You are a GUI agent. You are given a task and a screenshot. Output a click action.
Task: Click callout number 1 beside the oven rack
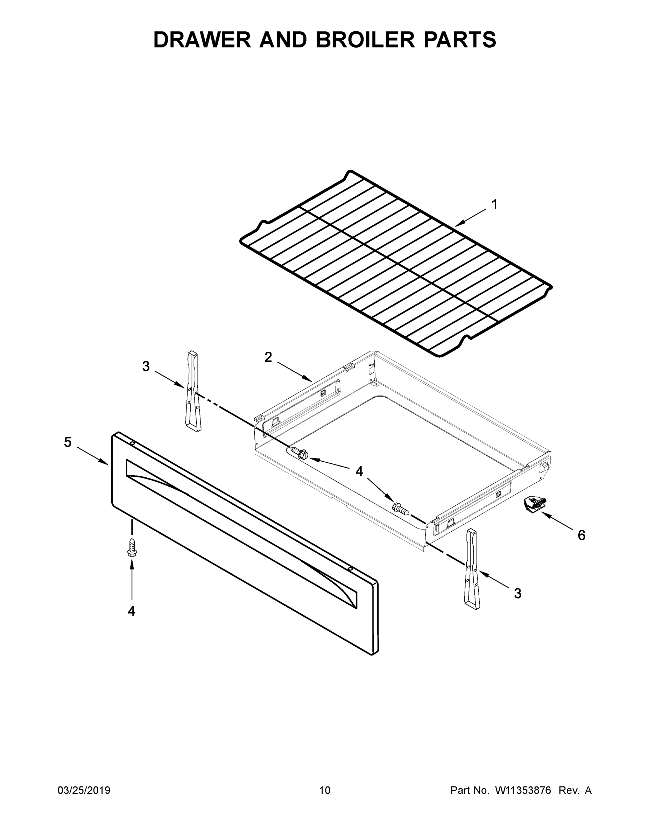point(494,205)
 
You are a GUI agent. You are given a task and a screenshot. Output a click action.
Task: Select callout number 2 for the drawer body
point(268,357)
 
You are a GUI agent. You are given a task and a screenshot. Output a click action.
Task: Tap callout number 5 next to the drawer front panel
point(68,442)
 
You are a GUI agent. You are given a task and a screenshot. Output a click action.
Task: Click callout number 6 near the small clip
point(581,535)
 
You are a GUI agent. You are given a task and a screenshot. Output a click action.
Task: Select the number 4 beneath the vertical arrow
point(132,611)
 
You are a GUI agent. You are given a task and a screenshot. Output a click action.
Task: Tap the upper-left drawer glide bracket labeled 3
point(193,391)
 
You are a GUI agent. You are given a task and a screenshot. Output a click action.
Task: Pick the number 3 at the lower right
point(517,594)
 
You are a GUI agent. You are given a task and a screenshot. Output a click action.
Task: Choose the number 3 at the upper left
point(146,366)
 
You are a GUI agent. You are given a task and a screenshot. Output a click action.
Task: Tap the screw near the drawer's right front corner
point(400,509)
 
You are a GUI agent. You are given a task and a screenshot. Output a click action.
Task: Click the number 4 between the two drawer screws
point(359,471)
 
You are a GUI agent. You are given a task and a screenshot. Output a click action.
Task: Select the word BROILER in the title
point(365,40)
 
